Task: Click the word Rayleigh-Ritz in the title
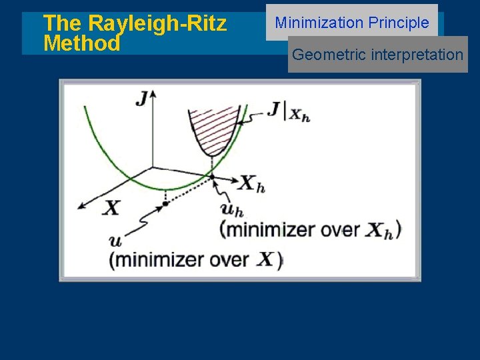click(x=157, y=24)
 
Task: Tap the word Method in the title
click(x=81, y=44)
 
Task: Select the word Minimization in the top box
click(x=319, y=23)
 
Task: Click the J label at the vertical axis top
click(x=141, y=100)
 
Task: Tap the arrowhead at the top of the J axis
click(x=153, y=94)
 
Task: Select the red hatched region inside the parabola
click(x=213, y=123)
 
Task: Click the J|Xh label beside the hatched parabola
click(x=289, y=111)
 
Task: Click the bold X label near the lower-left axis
click(x=112, y=208)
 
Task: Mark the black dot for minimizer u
click(x=165, y=203)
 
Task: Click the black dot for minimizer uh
click(x=212, y=177)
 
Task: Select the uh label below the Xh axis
click(x=230, y=209)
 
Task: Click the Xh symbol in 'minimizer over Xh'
click(x=382, y=231)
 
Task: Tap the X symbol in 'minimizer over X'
click(x=265, y=259)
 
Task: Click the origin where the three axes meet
click(x=153, y=167)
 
